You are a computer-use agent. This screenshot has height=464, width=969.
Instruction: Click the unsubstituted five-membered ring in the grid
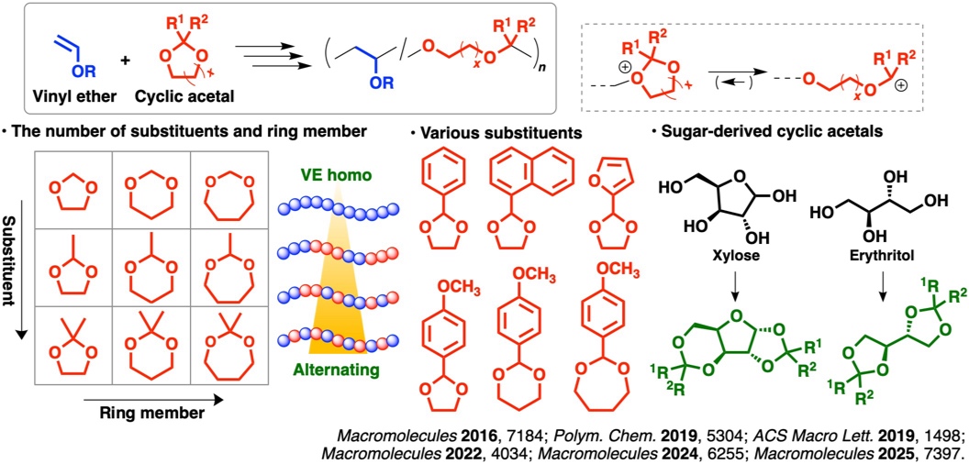click(x=70, y=193)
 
